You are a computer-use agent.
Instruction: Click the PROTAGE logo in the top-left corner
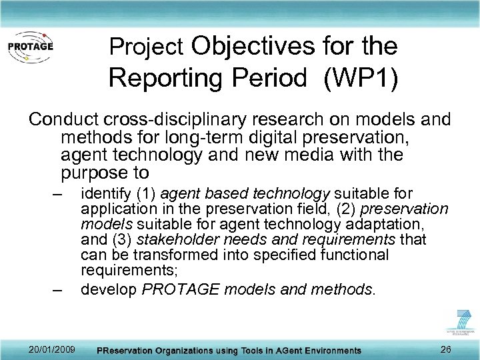tap(30, 47)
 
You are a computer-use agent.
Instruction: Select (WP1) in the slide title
tap(361, 78)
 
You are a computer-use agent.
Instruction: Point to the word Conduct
tap(64, 120)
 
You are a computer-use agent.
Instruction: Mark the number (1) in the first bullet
tap(147, 194)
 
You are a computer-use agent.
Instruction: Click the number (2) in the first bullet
tap(352, 209)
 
